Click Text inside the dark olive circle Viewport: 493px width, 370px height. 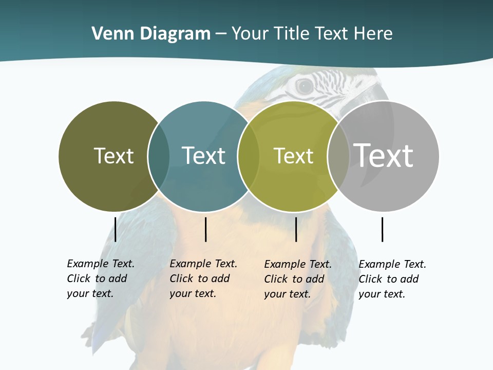(x=113, y=156)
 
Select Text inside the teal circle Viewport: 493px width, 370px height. (x=203, y=156)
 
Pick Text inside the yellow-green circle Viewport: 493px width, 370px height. (x=293, y=156)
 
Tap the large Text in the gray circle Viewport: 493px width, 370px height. (x=383, y=155)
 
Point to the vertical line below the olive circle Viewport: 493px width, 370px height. (x=116, y=229)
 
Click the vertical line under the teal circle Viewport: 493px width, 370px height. (x=205, y=229)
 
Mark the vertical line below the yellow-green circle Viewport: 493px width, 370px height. (x=296, y=229)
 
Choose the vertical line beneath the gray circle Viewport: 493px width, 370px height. (x=382, y=229)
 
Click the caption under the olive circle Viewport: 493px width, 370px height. (x=101, y=279)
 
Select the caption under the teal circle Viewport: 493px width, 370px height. (x=203, y=279)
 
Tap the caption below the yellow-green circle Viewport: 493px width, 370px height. (x=298, y=279)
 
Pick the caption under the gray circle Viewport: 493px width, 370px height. (x=392, y=279)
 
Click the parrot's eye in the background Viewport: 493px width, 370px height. (x=304, y=86)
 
